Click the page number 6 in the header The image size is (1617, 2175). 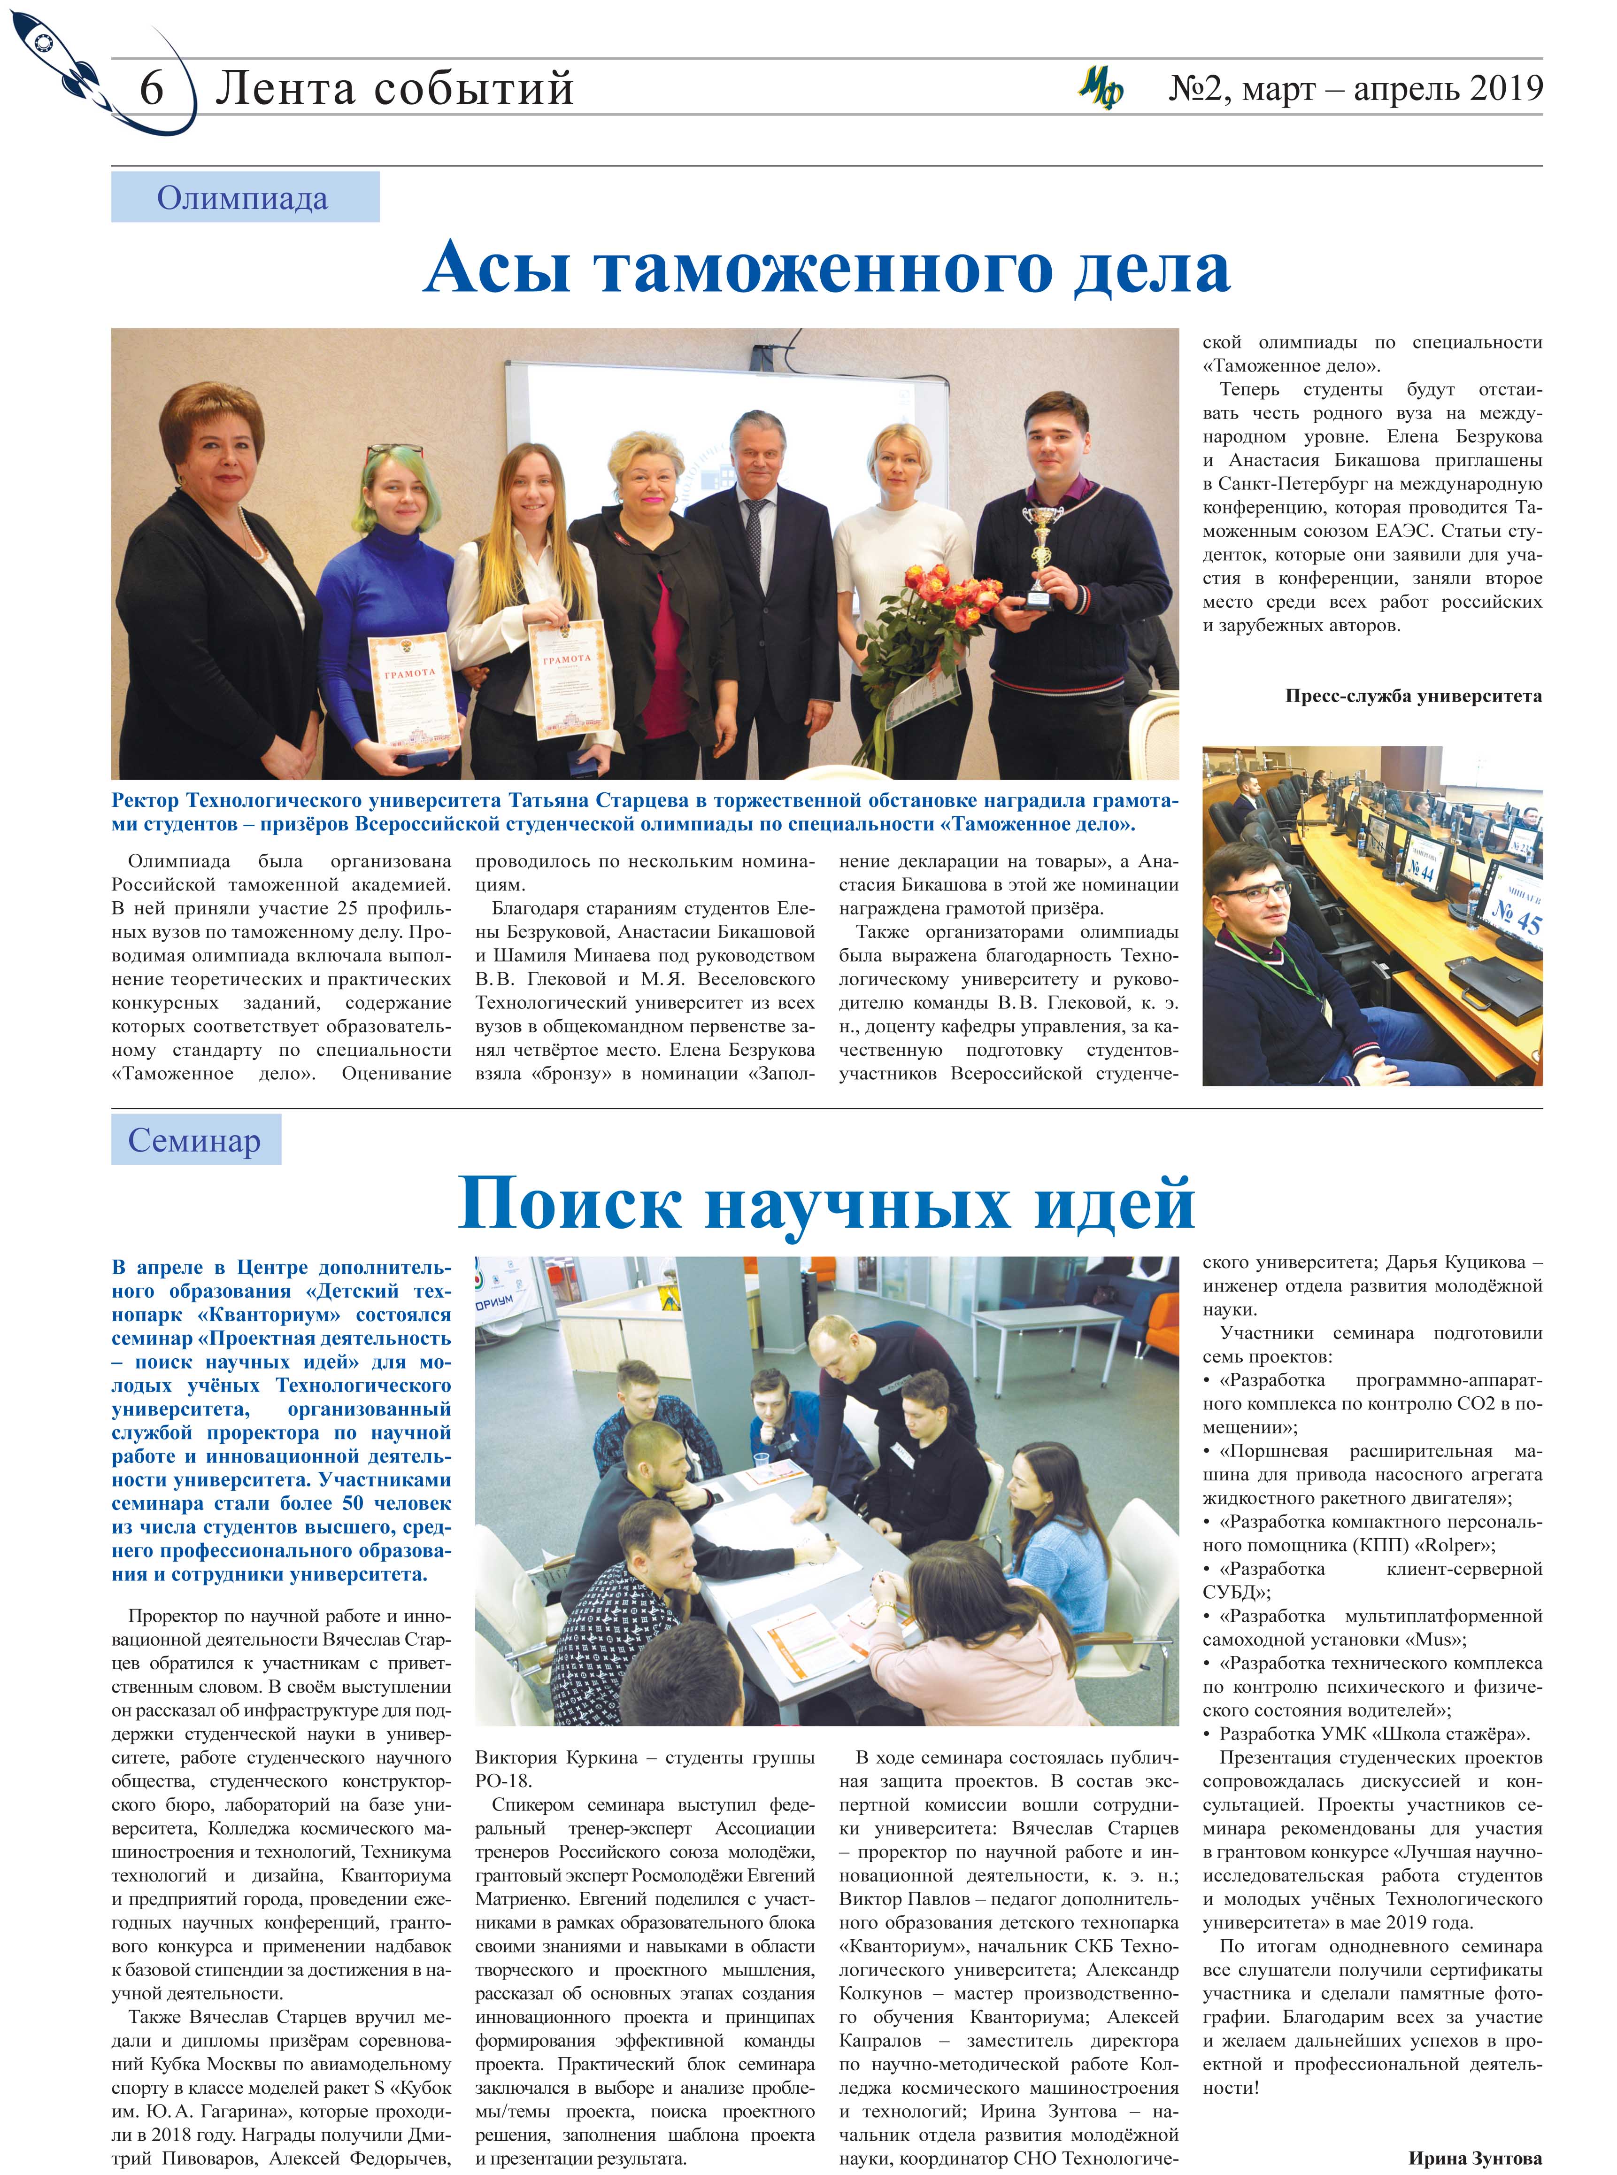152,89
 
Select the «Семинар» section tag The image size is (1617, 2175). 195,1140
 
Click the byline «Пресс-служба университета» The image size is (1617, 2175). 1412,697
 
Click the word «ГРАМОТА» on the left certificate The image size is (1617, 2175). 409,673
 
